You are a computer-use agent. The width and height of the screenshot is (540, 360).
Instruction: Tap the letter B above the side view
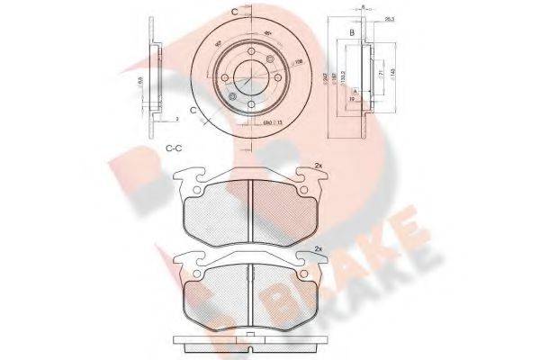[350, 35]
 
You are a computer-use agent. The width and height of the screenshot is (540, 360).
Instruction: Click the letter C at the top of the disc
[235, 10]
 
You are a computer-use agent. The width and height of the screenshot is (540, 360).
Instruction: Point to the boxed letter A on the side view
[355, 93]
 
